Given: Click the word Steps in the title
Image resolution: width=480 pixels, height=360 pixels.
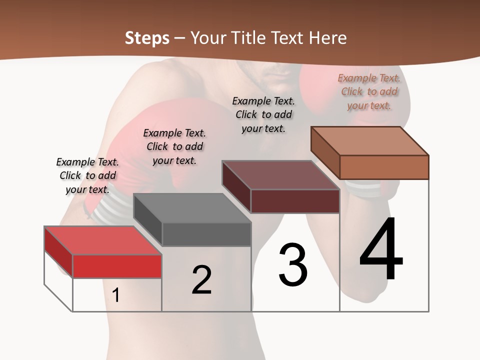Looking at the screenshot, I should click(x=147, y=38).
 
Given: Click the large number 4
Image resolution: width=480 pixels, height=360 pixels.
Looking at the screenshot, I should click(x=381, y=250).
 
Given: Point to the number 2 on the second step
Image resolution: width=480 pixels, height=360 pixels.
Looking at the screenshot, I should click(x=201, y=280).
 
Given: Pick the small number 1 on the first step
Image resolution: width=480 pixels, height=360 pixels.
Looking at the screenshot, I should click(x=116, y=295).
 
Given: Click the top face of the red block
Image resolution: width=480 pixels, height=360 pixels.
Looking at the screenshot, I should click(x=103, y=240).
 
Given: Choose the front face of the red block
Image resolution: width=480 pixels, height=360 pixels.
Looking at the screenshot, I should click(x=117, y=266).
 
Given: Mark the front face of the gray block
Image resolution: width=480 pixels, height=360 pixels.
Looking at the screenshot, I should click(x=206, y=234).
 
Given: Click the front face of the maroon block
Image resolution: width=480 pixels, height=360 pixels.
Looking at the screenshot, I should click(x=295, y=201).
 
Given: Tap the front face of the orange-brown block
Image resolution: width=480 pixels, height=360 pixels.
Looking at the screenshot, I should click(x=384, y=167).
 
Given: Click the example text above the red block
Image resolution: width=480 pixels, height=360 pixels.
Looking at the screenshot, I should click(x=87, y=175).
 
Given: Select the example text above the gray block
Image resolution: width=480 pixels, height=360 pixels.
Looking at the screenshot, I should click(x=174, y=146).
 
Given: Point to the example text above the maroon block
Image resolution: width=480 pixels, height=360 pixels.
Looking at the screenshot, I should click(x=263, y=114).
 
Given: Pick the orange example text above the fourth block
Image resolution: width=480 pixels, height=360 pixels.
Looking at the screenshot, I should click(x=369, y=91).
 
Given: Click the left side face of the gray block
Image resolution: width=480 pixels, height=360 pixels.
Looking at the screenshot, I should click(x=147, y=219).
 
